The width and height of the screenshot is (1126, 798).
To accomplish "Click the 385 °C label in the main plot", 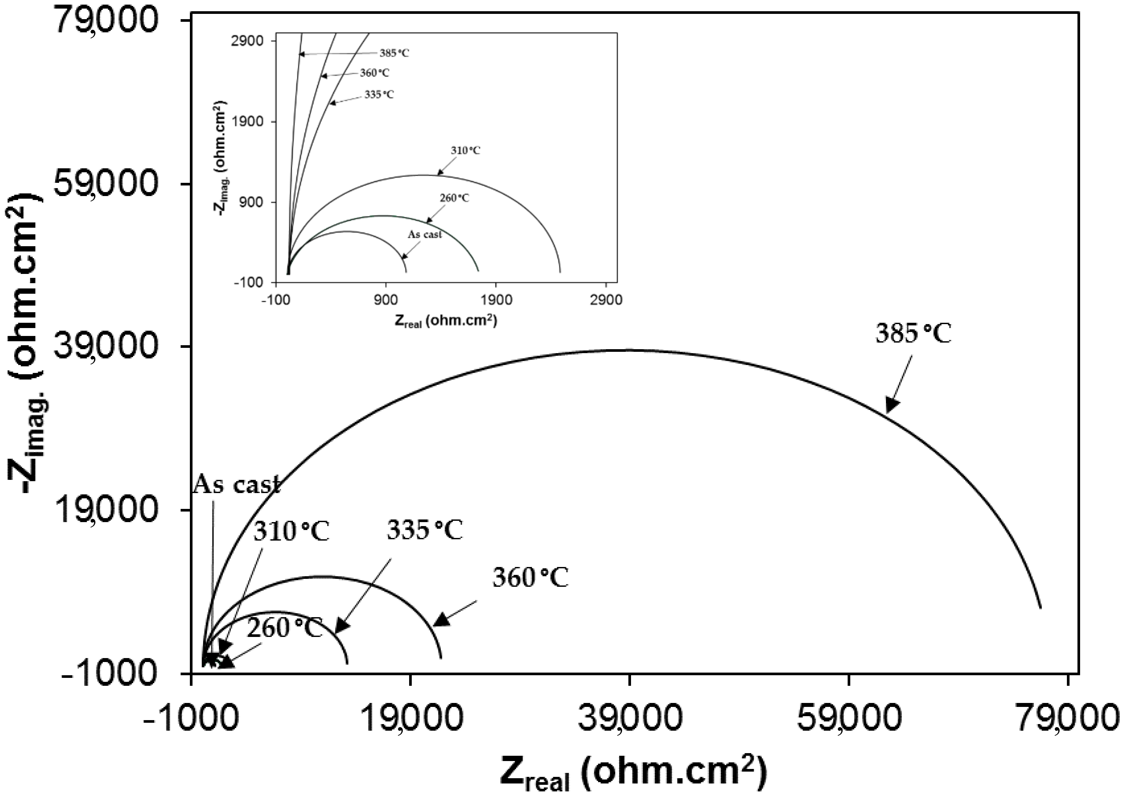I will pos(913,334).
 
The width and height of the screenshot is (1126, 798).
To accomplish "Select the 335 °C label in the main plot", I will pos(425,530).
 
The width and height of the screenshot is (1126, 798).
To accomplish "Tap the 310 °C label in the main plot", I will pos(291,532).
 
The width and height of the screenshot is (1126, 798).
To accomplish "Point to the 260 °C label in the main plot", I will pos(284,628).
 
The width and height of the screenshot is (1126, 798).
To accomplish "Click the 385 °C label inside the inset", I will pos(394,53).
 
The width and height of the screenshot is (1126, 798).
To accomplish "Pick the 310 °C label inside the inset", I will pos(465,150).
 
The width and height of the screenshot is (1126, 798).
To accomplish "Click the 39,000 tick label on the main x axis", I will pos(629,718).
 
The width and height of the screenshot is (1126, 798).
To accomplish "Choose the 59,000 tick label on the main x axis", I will pos(849,718).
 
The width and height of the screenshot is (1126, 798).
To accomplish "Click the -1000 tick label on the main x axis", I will pos(191,718).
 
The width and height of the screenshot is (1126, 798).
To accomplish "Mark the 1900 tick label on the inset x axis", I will pos(496,300).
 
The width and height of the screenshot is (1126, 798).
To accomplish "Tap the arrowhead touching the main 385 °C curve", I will pos(892,404).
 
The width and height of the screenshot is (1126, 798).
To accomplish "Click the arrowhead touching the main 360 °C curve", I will pos(442,620).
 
